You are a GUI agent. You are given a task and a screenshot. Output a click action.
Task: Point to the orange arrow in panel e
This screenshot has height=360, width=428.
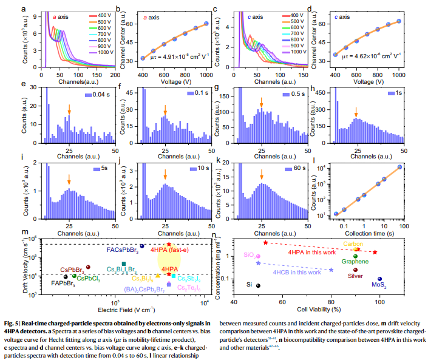point(69,110)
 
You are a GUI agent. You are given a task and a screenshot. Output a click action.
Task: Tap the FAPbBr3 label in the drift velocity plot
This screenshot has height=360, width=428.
point(63,283)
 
